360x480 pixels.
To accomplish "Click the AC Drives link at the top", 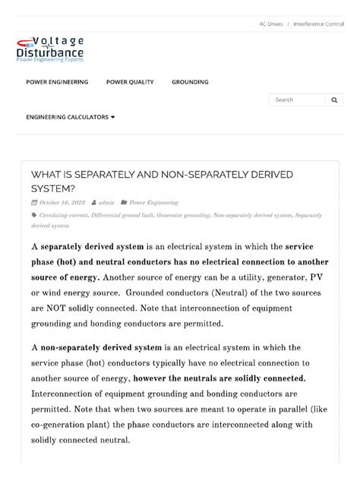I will tap(270, 24).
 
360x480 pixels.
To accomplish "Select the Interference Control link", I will tap(318, 24).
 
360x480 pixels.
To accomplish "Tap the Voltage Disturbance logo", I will tap(50, 49).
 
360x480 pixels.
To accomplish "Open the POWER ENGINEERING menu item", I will tap(57, 82).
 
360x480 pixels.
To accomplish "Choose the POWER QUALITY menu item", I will tap(130, 82).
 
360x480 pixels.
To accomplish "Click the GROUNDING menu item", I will tap(190, 82).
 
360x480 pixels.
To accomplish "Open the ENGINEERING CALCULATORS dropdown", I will tap(71, 117).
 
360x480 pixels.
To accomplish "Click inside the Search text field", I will tap(297, 99).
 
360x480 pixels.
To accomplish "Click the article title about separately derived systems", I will tap(162, 181).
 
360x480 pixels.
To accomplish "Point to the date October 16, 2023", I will tap(61, 203).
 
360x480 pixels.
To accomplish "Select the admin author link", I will tap(106, 203).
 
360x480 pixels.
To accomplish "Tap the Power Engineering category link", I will tap(153, 203).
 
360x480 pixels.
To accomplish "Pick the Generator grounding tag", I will tap(183, 216).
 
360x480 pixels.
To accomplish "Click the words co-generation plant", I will tap(67, 425).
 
